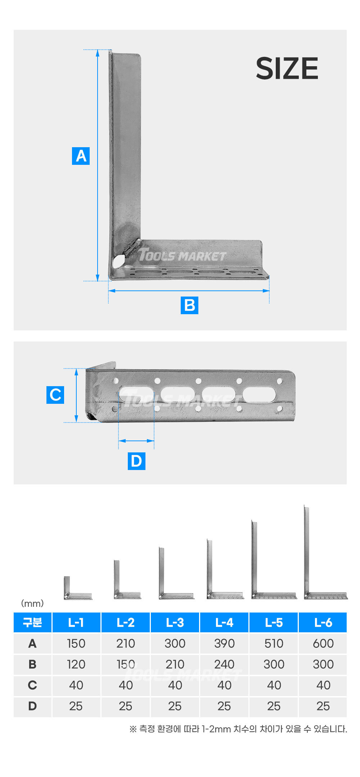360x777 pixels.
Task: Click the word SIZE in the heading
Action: pos(287,68)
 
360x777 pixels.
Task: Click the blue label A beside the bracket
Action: pos(81,156)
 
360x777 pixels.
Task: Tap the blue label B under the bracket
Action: pos(189,305)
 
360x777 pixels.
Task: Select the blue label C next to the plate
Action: pos(55,395)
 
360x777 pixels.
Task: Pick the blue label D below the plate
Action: pos(136,461)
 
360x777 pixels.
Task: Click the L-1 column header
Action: pos(76,622)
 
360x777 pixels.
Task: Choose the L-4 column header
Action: pos(224,622)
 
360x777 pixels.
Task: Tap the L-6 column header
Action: pos(323,622)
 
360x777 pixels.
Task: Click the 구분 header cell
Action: pos(32,622)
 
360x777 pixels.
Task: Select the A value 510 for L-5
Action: pos(274,643)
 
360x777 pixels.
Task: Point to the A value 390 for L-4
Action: pos(224,643)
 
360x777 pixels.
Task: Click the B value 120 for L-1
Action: pos(76,664)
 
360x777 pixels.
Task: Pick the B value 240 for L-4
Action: pos(224,664)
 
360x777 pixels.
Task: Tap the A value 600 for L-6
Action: pos(323,643)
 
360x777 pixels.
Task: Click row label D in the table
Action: pos(32,706)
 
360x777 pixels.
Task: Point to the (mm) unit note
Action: pos(32,603)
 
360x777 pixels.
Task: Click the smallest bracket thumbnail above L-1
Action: pos(77,588)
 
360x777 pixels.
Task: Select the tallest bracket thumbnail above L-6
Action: pos(325,552)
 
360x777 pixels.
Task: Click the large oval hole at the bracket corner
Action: pos(118,261)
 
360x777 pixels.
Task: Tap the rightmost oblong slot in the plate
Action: pos(259,395)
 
